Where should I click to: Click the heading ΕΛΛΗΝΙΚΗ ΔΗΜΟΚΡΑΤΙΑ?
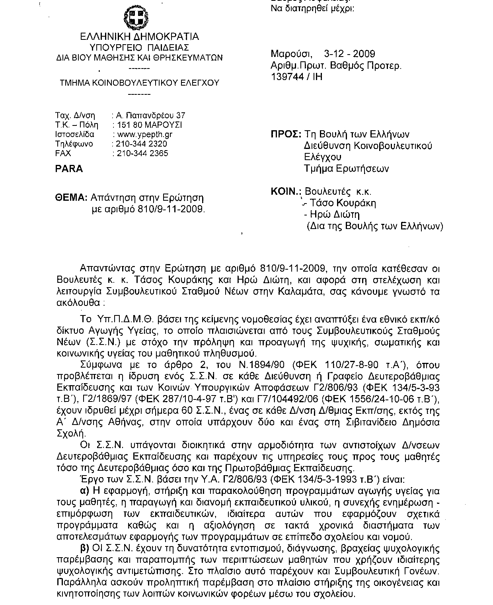click(139, 37)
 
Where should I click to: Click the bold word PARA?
click(69, 169)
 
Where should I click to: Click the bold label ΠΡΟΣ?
click(286, 135)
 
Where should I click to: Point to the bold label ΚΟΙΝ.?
click(285, 192)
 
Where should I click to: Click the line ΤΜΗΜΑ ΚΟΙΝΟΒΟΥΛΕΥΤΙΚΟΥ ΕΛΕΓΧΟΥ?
click(139, 83)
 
